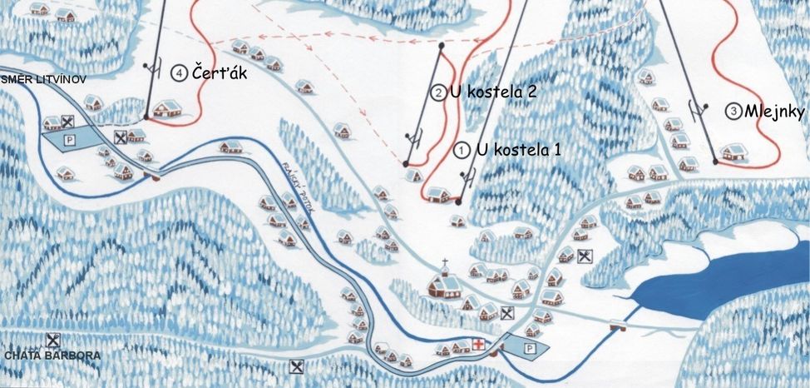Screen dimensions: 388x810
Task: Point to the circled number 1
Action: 462,151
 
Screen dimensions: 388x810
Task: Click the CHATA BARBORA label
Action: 52,356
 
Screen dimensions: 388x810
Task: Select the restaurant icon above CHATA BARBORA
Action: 54,340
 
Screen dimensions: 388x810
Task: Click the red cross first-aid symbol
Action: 479,344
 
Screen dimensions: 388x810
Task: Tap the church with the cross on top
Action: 446,282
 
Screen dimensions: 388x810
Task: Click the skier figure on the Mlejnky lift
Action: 697,107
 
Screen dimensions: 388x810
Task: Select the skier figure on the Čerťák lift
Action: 151,68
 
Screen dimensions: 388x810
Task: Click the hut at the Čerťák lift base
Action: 167,107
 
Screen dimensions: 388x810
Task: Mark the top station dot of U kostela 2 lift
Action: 439,47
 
